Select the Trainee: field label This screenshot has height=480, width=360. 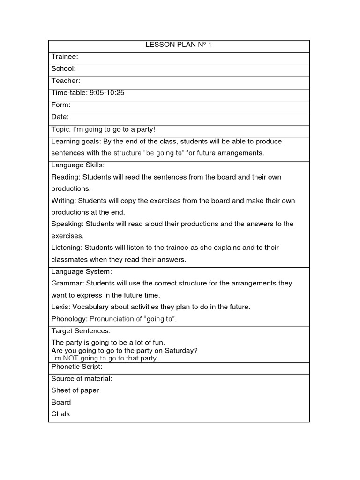coord(65,57)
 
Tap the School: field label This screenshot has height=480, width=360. coord(63,69)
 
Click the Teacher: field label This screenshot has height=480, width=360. coord(66,81)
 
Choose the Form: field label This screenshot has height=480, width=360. coord(61,105)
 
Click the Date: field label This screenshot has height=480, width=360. coord(60,117)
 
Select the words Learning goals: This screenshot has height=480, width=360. coord(75,141)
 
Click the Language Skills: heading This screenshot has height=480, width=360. coord(78,165)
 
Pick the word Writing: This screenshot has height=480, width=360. coord(64,201)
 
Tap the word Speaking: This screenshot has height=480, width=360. coord(67,224)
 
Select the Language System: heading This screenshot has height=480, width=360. coord(80,272)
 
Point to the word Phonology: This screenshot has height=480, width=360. coord(69,319)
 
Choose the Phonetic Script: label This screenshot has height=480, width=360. coord(76,367)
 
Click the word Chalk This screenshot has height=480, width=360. coord(60,414)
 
